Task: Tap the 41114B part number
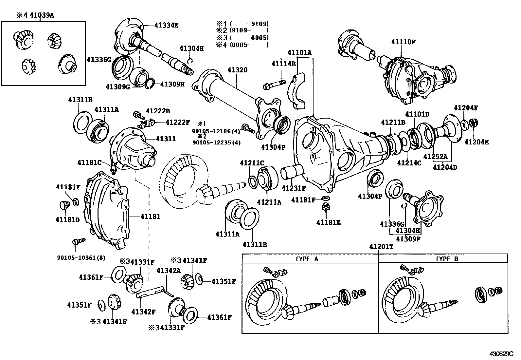coord(283,64)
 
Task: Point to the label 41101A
coord(300,52)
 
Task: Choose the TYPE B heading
coord(447,259)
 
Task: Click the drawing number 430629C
coord(501,354)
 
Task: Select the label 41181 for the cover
coord(151,217)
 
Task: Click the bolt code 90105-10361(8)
coord(81,257)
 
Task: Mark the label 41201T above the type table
coord(381,247)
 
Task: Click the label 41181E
coord(328,222)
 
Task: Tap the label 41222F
coord(177,122)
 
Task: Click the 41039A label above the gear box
coord(42,15)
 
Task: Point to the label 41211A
coord(269,202)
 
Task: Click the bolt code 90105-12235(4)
coord(216,142)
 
